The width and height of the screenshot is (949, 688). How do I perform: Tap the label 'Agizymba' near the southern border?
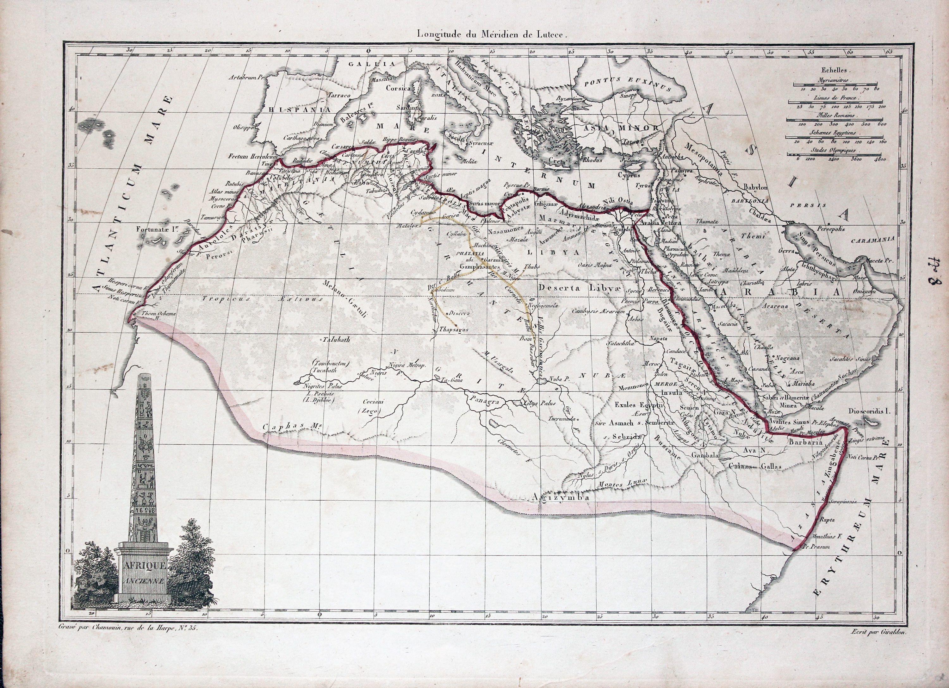pos(562,497)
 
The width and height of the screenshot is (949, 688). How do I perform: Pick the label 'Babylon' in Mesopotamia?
pos(755,187)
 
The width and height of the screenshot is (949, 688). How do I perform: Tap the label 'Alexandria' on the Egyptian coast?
pos(591,206)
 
